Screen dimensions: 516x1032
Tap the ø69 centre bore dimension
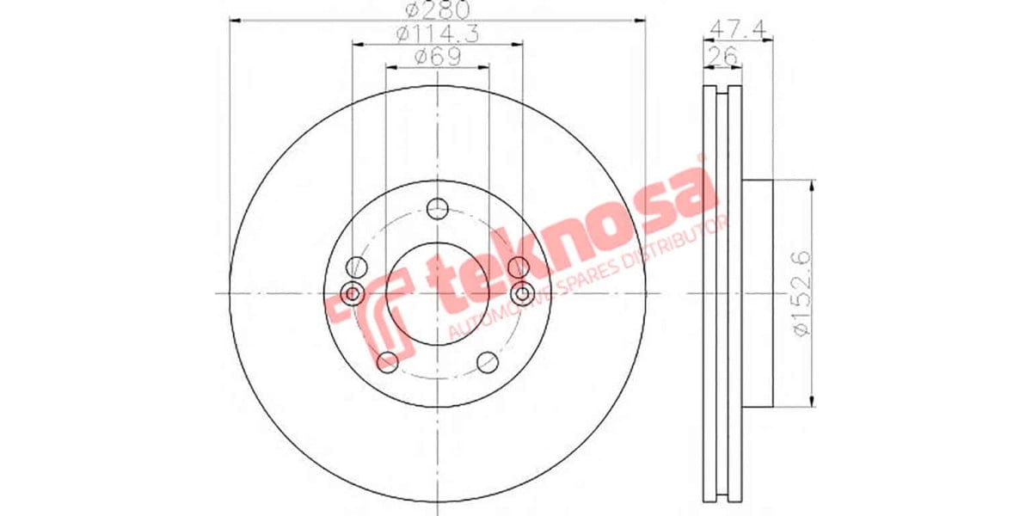(436, 58)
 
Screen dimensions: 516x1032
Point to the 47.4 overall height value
(739, 28)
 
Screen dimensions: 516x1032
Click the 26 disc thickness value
(722, 57)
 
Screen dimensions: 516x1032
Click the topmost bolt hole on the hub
(438, 207)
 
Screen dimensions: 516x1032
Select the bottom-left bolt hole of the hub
(388, 361)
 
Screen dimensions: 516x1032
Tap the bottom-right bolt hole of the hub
(488, 361)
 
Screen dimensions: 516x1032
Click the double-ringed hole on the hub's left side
(352, 294)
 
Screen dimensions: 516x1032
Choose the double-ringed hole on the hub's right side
(522, 294)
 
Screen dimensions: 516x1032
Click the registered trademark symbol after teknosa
(701, 159)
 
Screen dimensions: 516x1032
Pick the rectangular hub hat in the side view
(758, 292)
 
